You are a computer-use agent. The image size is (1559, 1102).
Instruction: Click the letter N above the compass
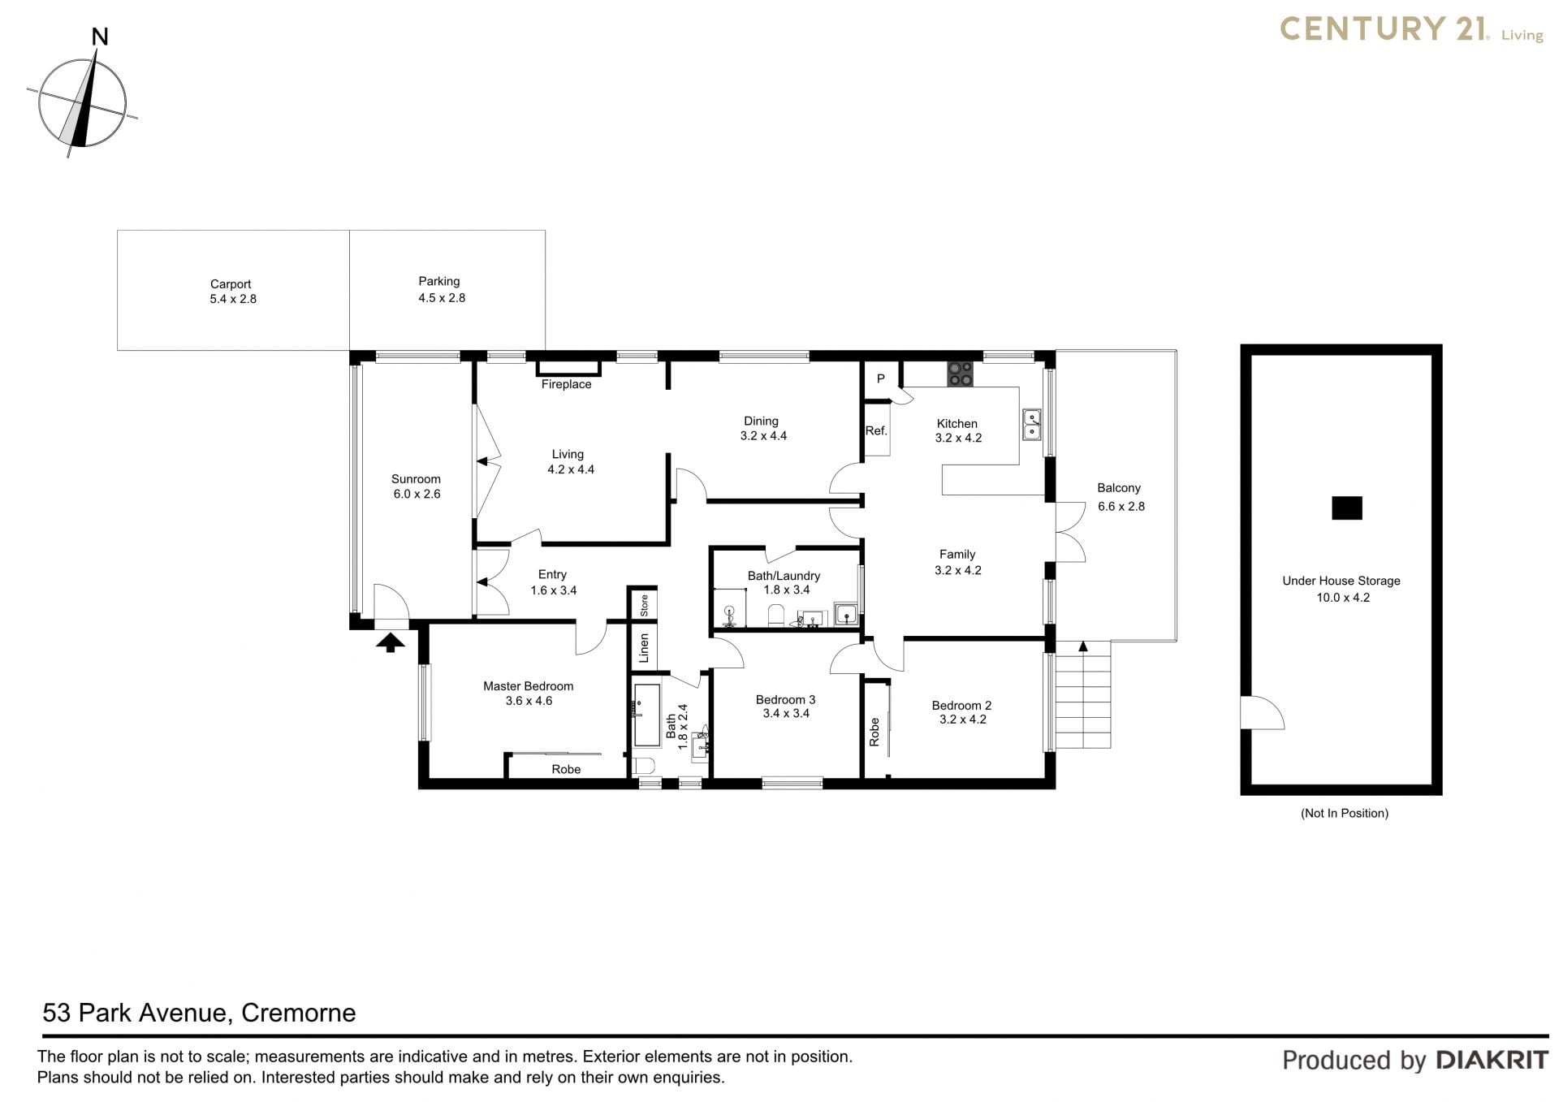click(x=100, y=37)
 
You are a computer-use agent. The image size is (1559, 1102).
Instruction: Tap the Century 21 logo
click(x=1411, y=29)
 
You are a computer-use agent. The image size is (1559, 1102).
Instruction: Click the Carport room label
click(x=231, y=284)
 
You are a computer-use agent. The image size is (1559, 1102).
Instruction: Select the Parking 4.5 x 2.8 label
click(x=440, y=290)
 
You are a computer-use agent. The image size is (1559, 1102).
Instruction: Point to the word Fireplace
click(x=566, y=384)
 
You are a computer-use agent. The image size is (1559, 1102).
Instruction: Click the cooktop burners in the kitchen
click(x=960, y=374)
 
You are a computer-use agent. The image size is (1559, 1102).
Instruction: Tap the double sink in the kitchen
click(x=1031, y=424)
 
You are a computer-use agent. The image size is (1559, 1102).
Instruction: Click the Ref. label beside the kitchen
click(x=876, y=430)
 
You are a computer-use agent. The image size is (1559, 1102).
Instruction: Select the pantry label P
click(x=880, y=378)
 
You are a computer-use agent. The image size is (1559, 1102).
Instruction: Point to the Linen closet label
click(x=644, y=648)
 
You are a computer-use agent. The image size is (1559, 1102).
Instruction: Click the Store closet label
click(x=644, y=605)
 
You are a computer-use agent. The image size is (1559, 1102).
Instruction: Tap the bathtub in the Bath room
click(x=647, y=715)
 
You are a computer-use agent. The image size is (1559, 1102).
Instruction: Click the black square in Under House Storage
click(x=1346, y=508)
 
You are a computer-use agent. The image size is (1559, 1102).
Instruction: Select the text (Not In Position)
click(x=1345, y=813)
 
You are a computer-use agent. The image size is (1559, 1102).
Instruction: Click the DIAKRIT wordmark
click(x=1492, y=1060)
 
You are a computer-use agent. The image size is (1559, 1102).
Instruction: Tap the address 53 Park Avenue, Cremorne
click(x=199, y=1013)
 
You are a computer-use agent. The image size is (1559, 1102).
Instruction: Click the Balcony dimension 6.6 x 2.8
click(x=1121, y=506)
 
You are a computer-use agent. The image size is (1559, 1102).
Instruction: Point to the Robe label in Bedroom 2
click(x=875, y=732)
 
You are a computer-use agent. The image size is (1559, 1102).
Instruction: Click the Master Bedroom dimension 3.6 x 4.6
click(x=529, y=701)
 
